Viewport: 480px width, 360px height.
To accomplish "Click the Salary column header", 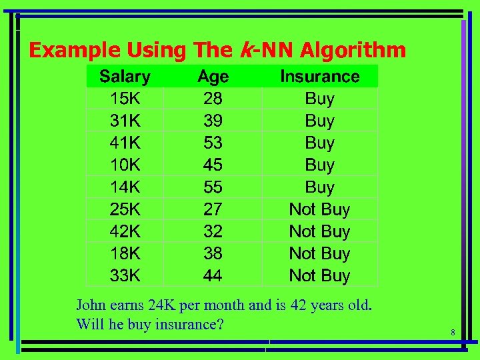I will [x=125, y=77].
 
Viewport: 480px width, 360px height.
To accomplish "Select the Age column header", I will [x=213, y=77].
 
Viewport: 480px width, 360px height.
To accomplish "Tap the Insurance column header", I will [x=319, y=77].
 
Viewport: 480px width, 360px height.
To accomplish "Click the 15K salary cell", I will [x=125, y=99].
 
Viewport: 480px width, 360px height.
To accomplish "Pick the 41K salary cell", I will [x=125, y=143].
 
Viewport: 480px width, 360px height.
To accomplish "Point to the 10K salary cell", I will [x=125, y=165].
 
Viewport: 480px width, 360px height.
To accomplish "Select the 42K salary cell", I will [x=125, y=231].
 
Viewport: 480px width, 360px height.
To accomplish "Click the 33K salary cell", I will [x=125, y=275].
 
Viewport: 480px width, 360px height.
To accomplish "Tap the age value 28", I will [x=213, y=99].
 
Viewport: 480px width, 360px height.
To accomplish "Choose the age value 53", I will [x=213, y=143].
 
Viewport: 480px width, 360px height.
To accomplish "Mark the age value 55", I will [x=213, y=187].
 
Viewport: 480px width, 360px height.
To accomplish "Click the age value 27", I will [x=213, y=209].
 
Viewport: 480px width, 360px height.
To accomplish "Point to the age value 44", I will [x=213, y=275].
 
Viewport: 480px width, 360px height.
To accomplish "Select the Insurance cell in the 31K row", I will [x=319, y=121].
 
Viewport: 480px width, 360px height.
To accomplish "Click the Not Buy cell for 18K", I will [x=319, y=253].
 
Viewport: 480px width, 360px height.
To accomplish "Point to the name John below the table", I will [x=91, y=305].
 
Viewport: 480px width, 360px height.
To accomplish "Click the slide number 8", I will [x=452, y=333].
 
